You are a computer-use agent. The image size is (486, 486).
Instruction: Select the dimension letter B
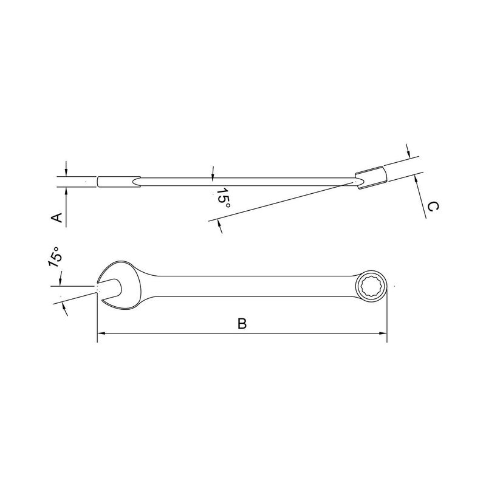(242, 324)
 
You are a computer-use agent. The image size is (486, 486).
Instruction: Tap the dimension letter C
(432, 207)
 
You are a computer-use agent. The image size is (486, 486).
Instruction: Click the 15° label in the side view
(222, 199)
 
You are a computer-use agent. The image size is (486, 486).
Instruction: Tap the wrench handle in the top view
(243, 286)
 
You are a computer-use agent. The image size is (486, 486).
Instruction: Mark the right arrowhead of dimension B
(383, 334)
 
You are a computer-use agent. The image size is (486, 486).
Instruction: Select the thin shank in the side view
(243, 180)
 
